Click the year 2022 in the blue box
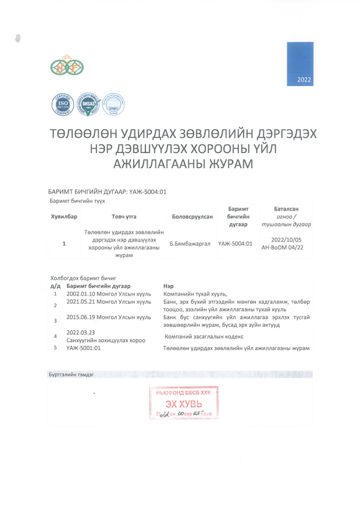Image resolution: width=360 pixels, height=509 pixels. tap(304, 79)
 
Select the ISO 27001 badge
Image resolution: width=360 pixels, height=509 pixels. tap(113, 104)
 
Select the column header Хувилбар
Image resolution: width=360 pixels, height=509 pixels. tap(64, 216)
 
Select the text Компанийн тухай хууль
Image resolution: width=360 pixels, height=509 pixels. tap(195, 294)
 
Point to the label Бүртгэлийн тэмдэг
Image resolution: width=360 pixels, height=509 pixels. tap(71, 375)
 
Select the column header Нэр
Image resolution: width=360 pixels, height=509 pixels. tap(169, 286)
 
